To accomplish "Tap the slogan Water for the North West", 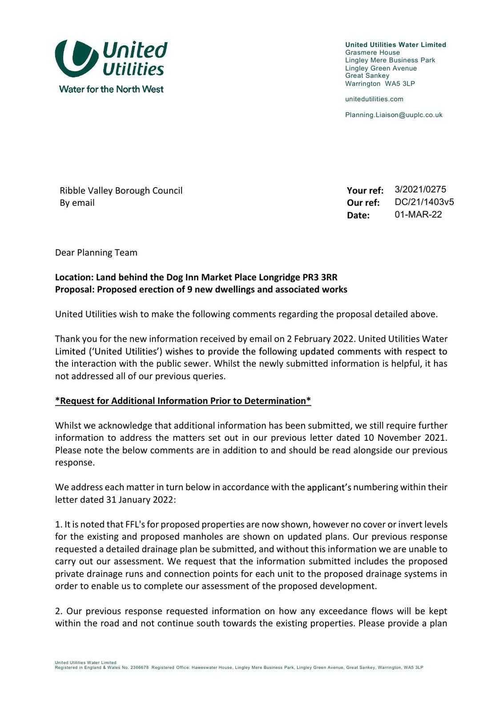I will pos(111,89).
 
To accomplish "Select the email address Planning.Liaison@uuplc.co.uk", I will pos(394,115).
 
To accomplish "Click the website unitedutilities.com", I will pos(374,99).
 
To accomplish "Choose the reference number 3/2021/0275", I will pos(420,190).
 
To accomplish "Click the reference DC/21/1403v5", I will pos(424,202).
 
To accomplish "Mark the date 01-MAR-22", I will pos(418,215).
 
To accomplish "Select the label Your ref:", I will pos(365,191).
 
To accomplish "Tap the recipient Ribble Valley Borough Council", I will pos(121,191).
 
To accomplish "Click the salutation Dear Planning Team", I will pos(96,253).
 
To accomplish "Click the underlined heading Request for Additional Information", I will pos(183,401).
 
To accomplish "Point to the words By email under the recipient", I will pos(77,203).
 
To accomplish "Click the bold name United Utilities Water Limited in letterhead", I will pos(395,45).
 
